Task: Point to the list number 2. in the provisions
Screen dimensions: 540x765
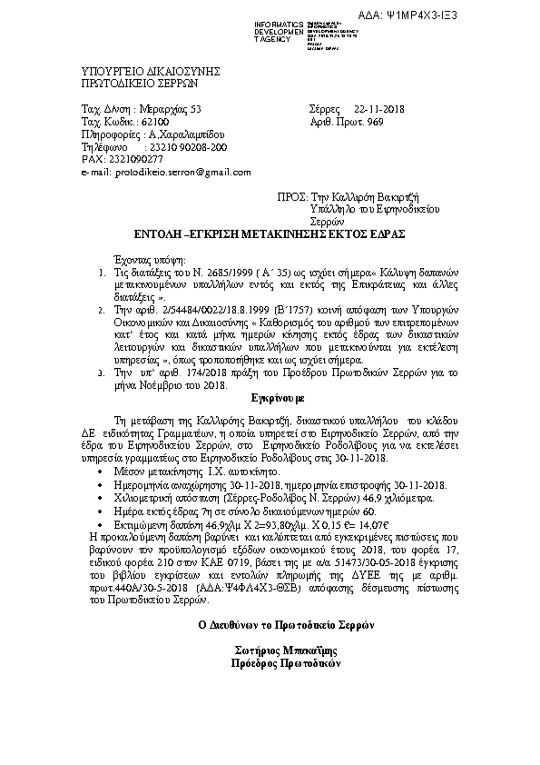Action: pos(101,310)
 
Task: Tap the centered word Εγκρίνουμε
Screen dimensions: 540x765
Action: pos(269,398)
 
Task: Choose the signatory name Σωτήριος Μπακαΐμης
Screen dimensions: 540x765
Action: pos(270,651)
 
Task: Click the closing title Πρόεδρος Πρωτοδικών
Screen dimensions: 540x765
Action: pos(270,663)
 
